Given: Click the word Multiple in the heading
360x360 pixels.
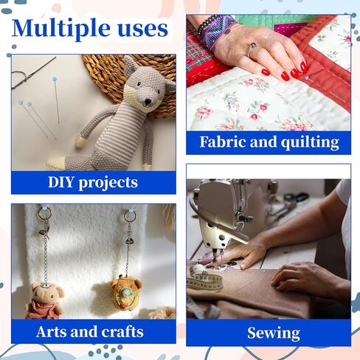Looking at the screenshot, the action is click(x=60, y=29).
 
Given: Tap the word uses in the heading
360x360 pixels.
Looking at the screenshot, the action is click(x=143, y=30).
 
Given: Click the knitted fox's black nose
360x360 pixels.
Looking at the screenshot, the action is click(x=148, y=101).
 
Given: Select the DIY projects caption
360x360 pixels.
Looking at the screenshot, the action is click(x=93, y=183).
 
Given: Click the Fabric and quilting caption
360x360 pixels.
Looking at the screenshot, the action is click(x=269, y=142).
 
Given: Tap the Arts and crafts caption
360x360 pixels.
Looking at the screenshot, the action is click(x=90, y=332).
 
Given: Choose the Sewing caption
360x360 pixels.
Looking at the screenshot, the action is click(x=274, y=333).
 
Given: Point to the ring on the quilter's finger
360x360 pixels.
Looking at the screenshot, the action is click(x=252, y=48).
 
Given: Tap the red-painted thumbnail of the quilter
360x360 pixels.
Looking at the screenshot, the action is click(x=266, y=72).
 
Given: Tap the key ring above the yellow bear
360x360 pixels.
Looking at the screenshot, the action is click(x=130, y=215).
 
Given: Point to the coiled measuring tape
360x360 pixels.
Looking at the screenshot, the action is click(x=204, y=279).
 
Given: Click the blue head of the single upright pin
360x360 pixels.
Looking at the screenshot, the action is click(x=55, y=79).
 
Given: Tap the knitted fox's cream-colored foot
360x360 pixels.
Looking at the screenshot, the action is click(x=56, y=163).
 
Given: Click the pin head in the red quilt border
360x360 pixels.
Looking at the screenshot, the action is click(x=307, y=78).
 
